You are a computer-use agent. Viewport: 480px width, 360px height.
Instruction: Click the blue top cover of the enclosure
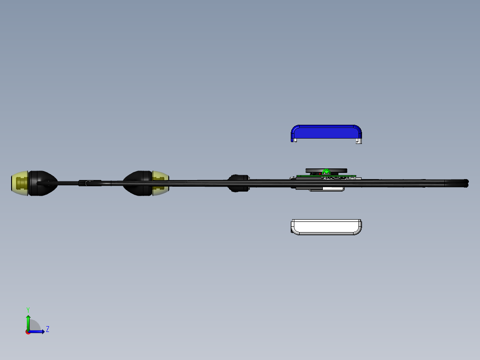pyautogui.click(x=326, y=132)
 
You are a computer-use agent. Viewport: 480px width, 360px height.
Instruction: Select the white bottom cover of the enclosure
pyautogui.click(x=326, y=227)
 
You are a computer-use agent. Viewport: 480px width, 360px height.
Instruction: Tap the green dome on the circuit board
pyautogui.click(x=327, y=172)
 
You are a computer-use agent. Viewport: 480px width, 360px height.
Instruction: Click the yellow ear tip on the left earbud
pyautogui.click(x=20, y=183)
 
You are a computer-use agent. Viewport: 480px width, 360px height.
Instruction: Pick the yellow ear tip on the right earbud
pyautogui.click(x=161, y=183)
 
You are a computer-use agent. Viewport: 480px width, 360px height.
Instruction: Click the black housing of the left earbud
pyautogui.click(x=43, y=183)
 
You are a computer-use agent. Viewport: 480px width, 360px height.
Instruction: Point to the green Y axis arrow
pyautogui.click(x=28, y=322)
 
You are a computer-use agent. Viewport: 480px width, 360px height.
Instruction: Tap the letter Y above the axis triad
pyautogui.click(x=28, y=310)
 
